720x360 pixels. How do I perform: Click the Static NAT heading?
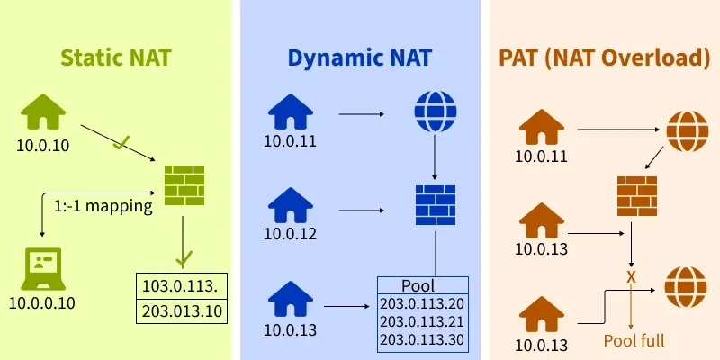[116, 59]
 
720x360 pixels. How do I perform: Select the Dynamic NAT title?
[360, 59]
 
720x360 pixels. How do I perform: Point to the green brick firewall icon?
[184, 186]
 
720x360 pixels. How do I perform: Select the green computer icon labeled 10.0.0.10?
[41, 267]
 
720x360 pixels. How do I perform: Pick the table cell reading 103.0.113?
[180, 287]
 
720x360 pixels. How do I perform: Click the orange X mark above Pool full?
[631, 276]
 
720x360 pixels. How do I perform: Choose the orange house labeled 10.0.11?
[541, 128]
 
